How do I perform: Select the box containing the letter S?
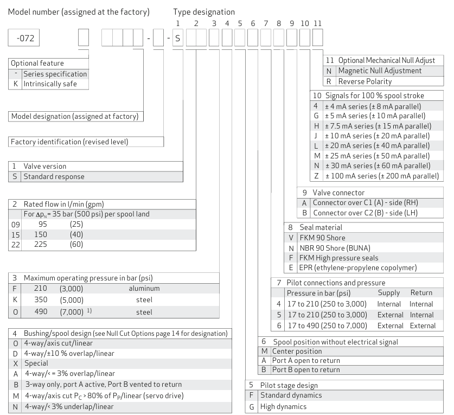[x=178, y=40]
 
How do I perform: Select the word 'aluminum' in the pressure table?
[x=139, y=290]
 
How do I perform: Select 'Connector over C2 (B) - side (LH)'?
[x=373, y=212]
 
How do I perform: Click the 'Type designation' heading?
[x=204, y=11]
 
